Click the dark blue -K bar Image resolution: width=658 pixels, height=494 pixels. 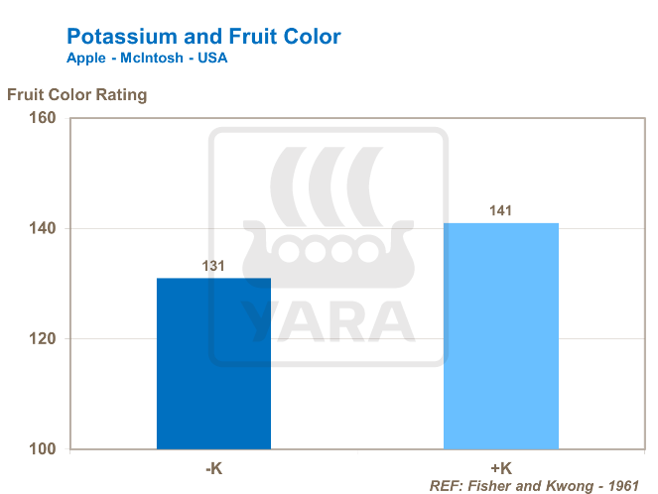213,363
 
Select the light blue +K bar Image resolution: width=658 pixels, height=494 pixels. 501,335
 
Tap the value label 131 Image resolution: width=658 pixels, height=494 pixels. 214,266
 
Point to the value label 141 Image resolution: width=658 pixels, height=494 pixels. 501,210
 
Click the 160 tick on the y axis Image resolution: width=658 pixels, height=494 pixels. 43,118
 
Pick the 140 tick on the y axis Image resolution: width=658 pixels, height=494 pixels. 43,228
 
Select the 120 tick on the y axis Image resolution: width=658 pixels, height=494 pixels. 43,339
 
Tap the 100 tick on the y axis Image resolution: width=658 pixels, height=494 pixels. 43,449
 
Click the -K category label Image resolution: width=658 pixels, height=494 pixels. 213,466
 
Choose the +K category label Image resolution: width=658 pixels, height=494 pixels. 501,466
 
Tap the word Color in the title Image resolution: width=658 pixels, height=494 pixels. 311,38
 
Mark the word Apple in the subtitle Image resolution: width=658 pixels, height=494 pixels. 85,59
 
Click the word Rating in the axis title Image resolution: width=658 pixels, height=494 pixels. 118,96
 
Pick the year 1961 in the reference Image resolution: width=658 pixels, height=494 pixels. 622,486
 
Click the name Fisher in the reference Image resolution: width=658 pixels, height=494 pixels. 493,486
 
